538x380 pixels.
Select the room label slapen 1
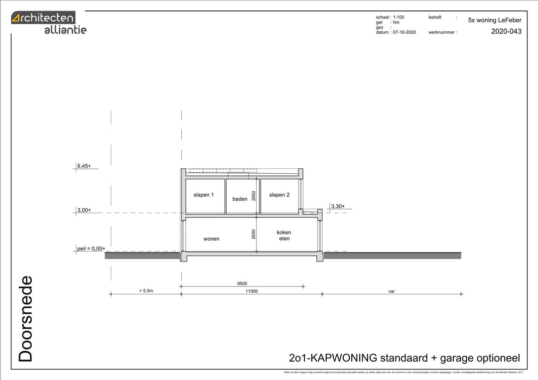[x=203, y=195]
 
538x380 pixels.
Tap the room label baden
[x=240, y=199]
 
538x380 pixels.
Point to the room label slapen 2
[x=279, y=195]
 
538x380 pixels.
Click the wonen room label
[x=211, y=239]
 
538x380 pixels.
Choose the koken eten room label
[x=284, y=235]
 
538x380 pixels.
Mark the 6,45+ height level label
[x=84, y=166]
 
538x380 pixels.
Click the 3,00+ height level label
[x=84, y=210]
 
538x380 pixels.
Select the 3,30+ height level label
[x=337, y=206]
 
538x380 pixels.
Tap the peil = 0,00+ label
[x=91, y=249]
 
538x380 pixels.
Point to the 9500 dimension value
[x=242, y=283]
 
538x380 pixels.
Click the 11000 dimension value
[x=252, y=291]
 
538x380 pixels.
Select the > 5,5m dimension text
[x=146, y=291]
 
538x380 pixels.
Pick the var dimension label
[x=392, y=291]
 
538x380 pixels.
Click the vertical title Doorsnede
[x=25, y=319]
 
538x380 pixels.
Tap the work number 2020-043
[x=506, y=31]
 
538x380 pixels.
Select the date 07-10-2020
[x=404, y=32]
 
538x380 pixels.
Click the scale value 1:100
[x=399, y=17]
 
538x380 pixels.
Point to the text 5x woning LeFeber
[x=495, y=20]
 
